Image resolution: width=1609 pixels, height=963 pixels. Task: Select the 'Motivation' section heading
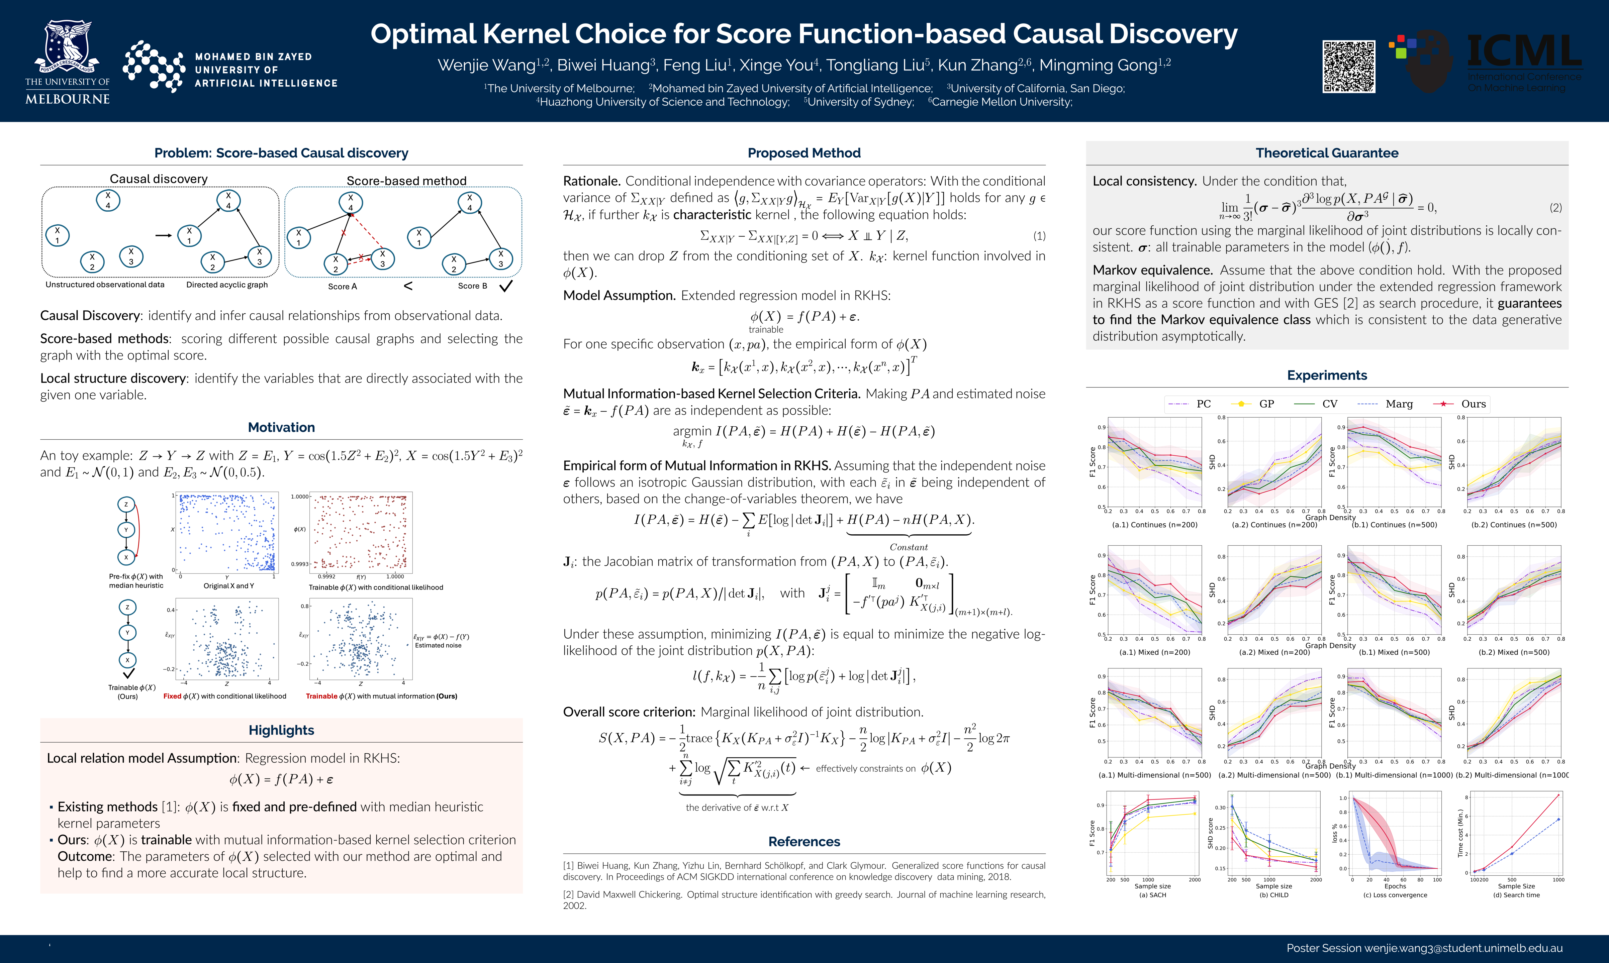281,427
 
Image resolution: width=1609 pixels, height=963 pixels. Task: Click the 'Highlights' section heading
281,730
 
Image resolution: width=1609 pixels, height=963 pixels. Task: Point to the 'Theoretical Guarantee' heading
1327,153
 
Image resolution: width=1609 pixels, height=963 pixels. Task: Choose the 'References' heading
803,842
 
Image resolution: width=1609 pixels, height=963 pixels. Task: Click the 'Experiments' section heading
1327,375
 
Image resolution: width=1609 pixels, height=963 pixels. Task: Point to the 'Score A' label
342,286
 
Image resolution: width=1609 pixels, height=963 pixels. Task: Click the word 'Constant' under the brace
908,547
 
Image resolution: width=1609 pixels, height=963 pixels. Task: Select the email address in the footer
1463,948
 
